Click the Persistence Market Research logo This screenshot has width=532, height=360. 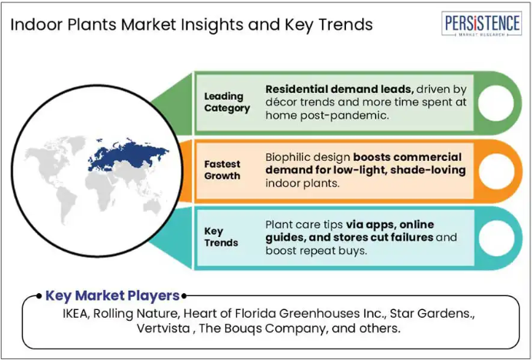click(481, 24)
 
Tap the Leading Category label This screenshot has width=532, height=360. click(227, 102)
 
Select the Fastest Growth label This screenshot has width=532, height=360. click(222, 170)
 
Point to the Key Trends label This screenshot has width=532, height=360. click(221, 237)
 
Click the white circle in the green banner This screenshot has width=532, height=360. click(496, 103)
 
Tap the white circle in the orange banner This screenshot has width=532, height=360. click(496, 171)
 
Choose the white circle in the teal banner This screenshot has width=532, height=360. click(496, 238)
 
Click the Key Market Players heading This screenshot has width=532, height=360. click(112, 296)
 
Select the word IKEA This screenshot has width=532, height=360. click(76, 314)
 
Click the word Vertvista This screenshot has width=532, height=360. click(163, 328)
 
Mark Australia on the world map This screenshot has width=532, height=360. click(152, 206)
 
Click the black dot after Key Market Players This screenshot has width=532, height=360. click(184, 296)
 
